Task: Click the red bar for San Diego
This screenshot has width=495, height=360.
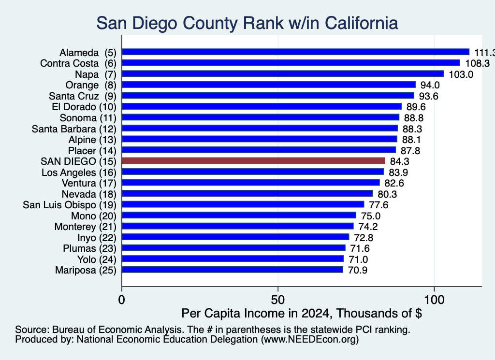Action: coord(253,161)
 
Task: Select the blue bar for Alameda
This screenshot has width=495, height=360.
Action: coord(295,52)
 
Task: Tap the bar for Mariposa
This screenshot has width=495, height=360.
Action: coord(233,270)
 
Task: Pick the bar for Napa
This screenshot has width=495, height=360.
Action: coord(282,74)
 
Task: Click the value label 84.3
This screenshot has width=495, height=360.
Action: coord(399,161)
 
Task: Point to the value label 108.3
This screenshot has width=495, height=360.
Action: coord(477,63)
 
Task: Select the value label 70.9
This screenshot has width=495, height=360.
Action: coord(358,271)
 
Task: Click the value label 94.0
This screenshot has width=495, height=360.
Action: coord(430,85)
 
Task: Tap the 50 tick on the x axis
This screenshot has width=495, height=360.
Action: coord(278,300)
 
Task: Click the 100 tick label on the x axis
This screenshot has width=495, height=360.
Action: coord(434,300)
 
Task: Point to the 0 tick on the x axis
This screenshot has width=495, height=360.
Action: coord(121,300)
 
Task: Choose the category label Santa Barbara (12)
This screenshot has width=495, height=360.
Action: coord(74,129)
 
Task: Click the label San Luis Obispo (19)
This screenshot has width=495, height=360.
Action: coord(70,205)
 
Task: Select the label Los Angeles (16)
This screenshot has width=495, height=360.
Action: coord(79,173)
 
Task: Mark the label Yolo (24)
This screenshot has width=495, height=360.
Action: coord(97,259)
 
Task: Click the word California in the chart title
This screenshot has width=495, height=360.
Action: coord(361,23)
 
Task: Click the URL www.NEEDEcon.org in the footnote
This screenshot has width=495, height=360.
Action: coord(309,340)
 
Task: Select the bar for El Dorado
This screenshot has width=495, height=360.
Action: coord(262,106)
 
